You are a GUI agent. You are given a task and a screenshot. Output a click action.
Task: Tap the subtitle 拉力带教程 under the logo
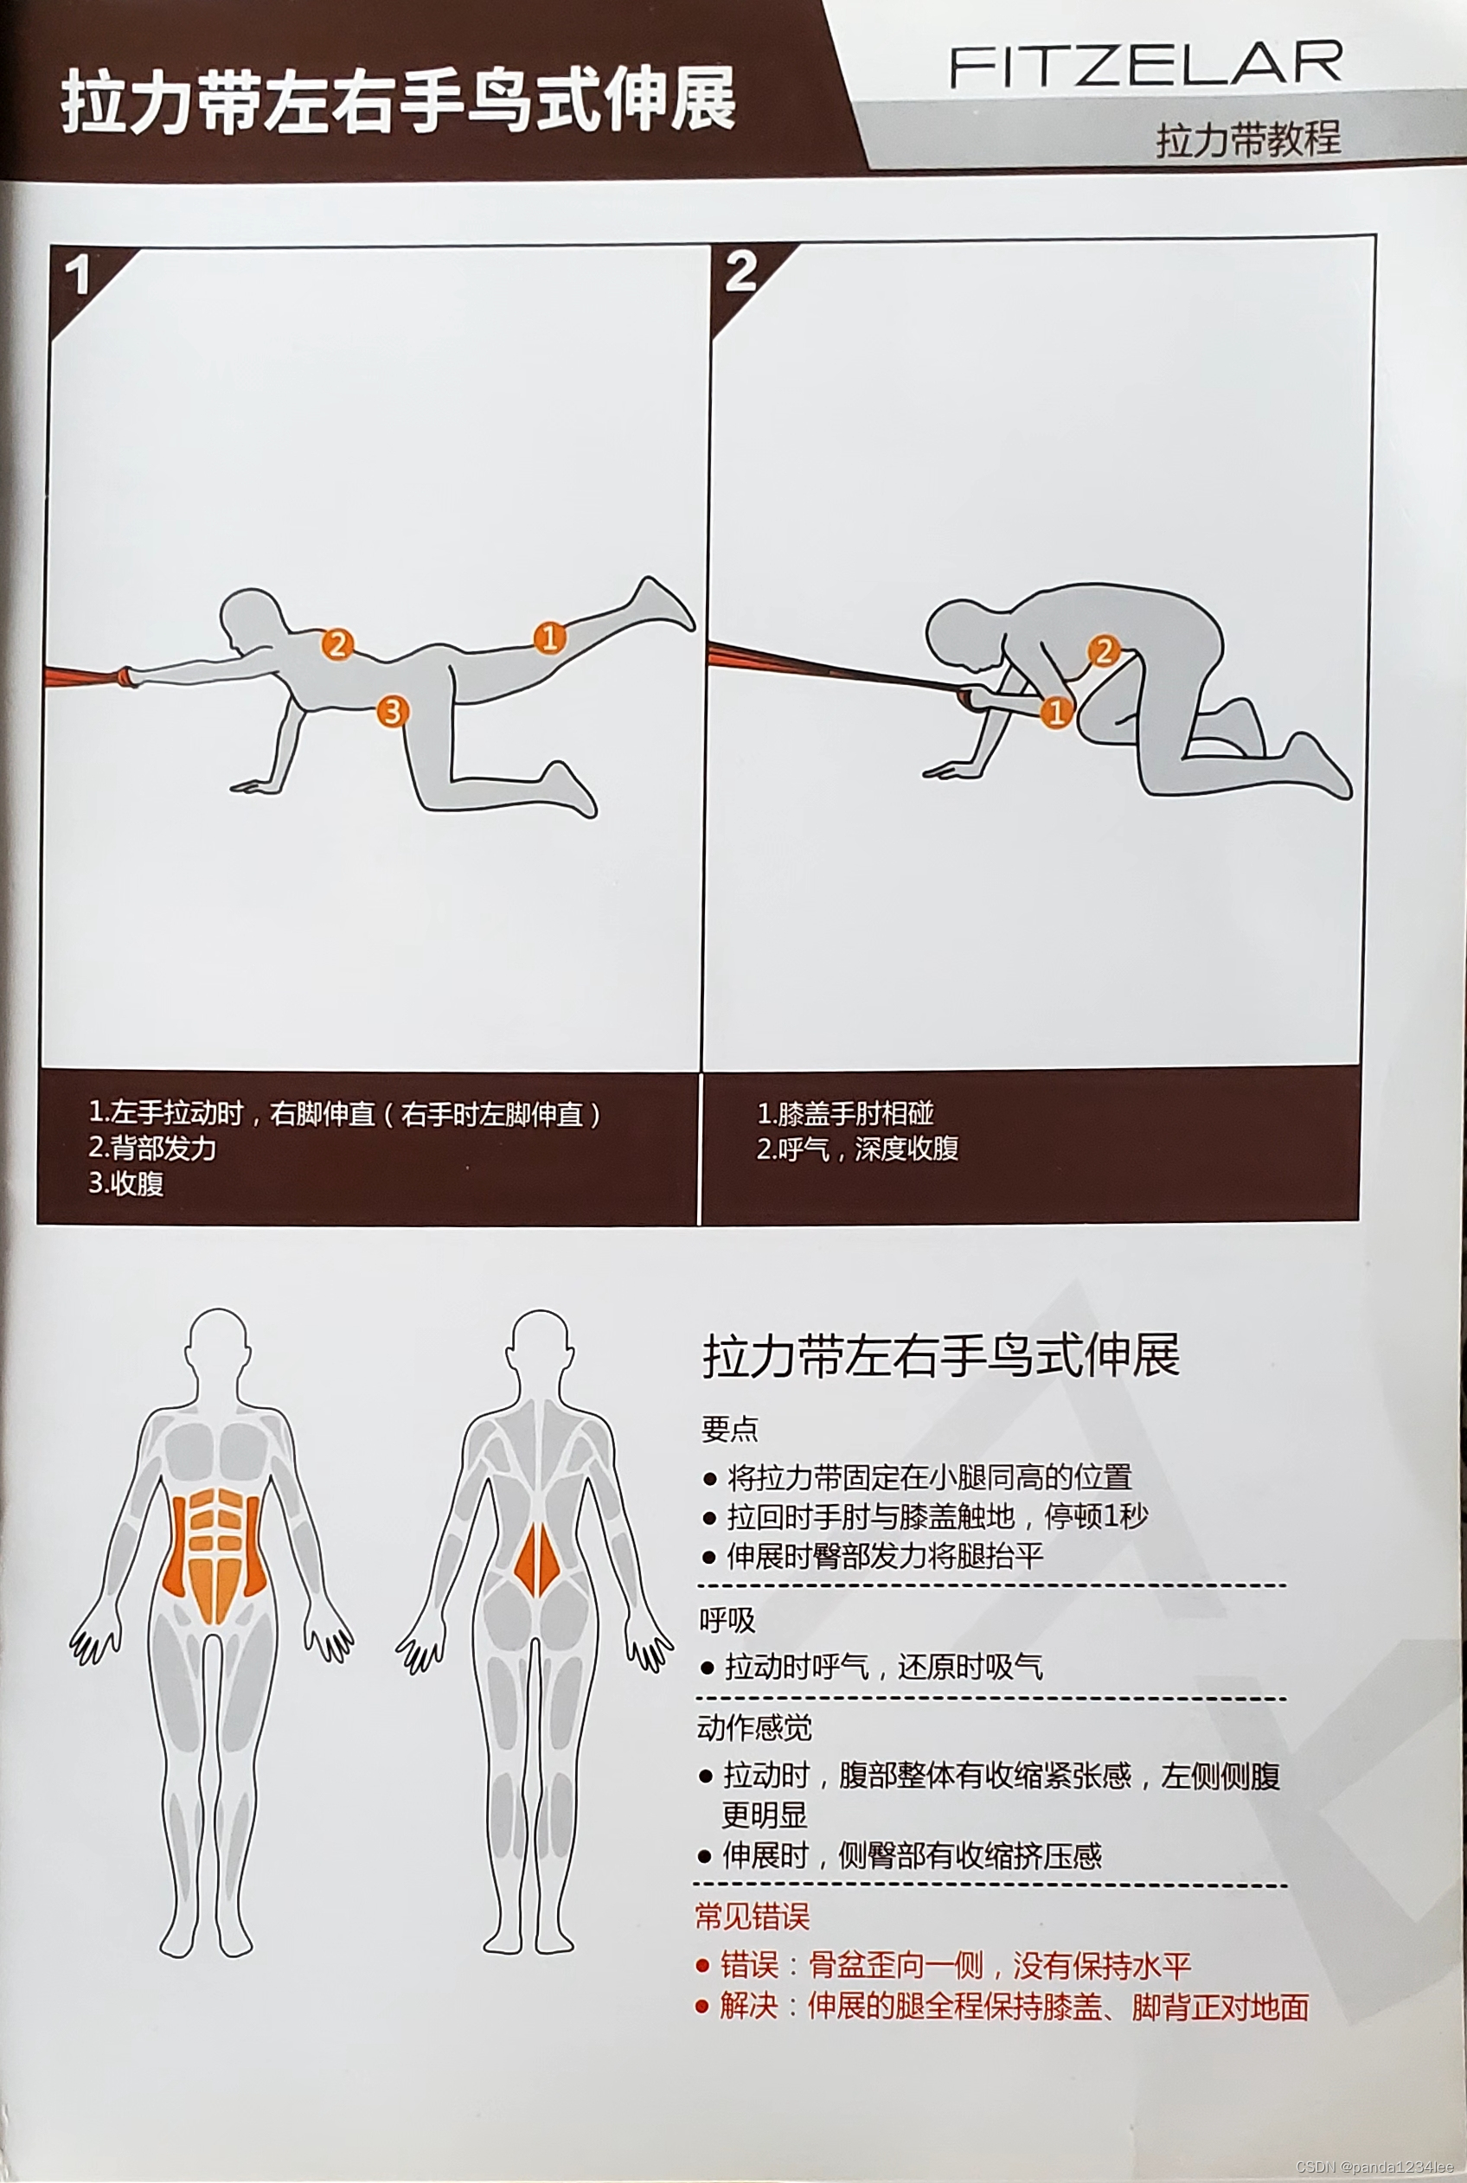[1248, 139]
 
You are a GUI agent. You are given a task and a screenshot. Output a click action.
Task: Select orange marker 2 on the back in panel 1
[336, 644]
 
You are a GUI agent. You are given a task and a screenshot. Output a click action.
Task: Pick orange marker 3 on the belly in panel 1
[392, 711]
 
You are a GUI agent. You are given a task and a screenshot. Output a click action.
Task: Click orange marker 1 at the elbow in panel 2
[1056, 713]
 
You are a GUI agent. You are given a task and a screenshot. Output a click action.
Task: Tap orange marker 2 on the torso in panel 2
[1104, 651]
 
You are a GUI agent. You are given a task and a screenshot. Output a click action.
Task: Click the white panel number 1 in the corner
[78, 276]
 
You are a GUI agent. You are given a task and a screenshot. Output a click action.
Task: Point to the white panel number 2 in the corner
[741, 272]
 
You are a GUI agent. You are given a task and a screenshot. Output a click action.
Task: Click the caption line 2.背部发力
[152, 1148]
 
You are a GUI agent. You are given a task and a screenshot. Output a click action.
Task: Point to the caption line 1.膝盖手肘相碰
[845, 1113]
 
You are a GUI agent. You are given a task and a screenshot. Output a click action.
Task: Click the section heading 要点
[730, 1429]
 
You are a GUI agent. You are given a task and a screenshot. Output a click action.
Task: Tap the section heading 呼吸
[727, 1621]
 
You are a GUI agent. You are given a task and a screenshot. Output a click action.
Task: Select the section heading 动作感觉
[754, 1728]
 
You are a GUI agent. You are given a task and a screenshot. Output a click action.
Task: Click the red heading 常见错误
[753, 1917]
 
